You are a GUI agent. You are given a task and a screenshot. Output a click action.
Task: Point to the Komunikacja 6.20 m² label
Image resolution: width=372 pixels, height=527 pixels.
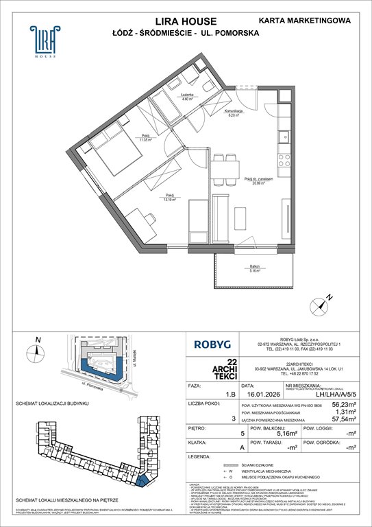click(234, 114)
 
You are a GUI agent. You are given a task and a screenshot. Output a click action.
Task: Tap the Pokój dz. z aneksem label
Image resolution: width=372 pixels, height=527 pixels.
click(258, 181)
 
